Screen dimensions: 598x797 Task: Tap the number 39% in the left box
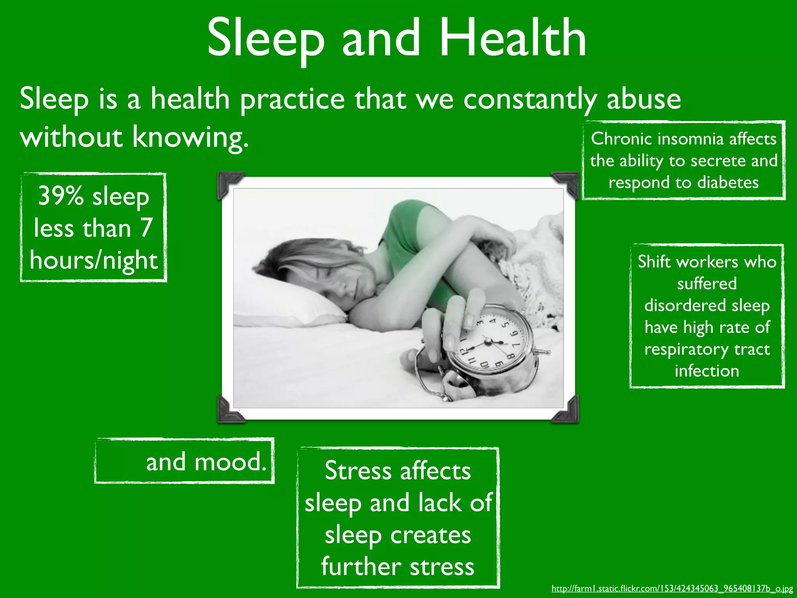[x=60, y=195]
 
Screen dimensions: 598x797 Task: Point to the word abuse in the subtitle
[x=643, y=99]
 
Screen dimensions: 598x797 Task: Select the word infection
[x=707, y=371]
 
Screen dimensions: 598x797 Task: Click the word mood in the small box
[x=230, y=462]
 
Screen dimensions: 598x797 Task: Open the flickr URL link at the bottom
[x=672, y=589]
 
